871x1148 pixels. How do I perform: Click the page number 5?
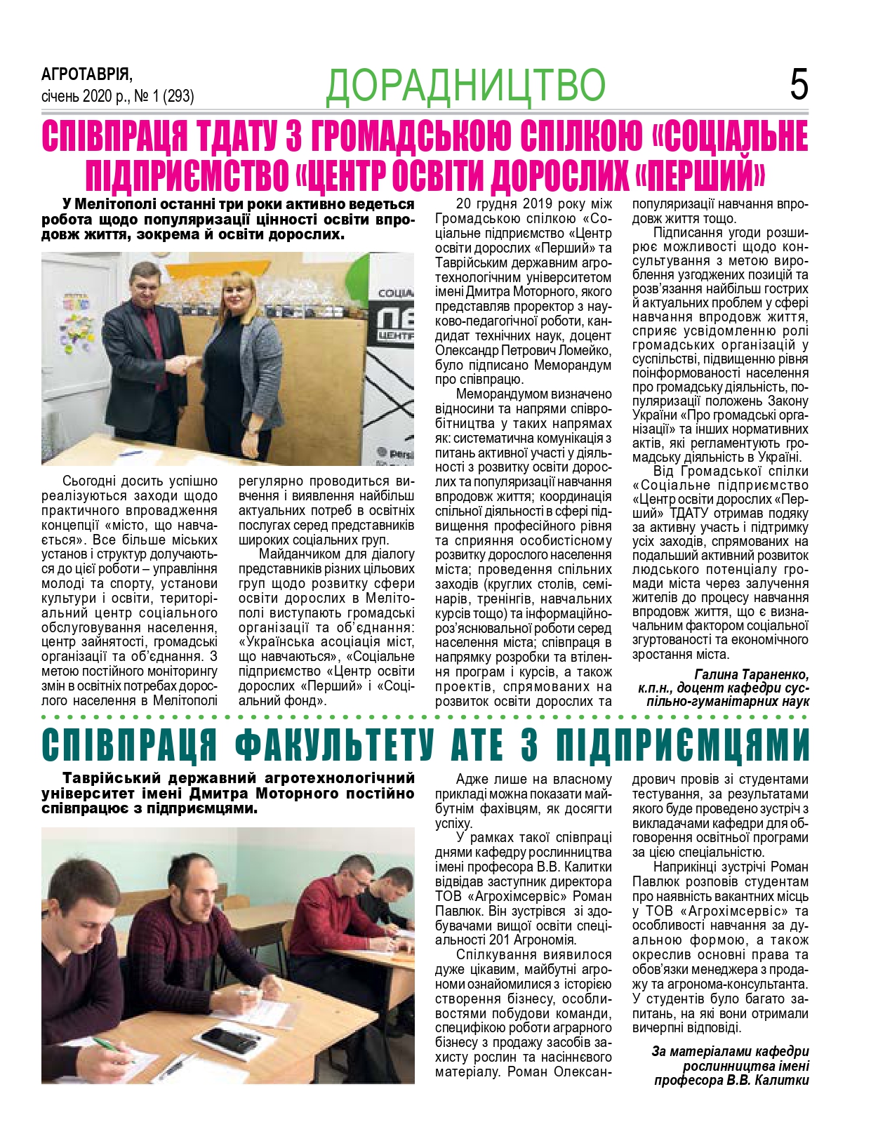799,85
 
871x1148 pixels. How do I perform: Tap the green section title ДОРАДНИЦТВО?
465,86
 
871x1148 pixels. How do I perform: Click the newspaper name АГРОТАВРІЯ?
86,74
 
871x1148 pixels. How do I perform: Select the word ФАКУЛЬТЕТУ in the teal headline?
333,745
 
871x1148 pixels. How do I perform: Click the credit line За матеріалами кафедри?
730,1051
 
